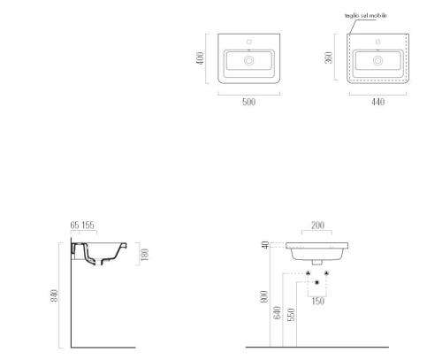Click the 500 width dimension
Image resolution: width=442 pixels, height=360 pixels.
248,102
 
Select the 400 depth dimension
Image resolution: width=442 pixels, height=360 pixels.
200,58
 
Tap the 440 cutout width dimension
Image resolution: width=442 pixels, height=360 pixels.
377,102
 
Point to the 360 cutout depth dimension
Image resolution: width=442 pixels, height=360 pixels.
329,57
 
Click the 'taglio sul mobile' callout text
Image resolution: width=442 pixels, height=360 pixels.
366,16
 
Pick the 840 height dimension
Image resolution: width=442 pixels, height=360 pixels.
54,295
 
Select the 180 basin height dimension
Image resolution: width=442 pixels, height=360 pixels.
145,255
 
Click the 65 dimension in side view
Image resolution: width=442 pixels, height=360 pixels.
74,226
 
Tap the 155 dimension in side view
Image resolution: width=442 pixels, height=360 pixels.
88,226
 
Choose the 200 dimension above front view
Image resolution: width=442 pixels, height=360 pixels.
317,226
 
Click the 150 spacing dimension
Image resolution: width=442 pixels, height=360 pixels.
317,301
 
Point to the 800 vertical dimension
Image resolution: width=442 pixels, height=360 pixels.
264,296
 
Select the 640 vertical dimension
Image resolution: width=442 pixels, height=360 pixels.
278,313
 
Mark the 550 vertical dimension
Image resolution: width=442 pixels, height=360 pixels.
291,315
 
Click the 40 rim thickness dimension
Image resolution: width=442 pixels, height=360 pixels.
265,245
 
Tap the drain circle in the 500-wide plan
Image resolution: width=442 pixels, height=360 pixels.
249,61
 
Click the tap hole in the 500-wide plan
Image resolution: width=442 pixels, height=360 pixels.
249,42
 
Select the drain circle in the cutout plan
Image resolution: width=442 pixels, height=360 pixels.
377,61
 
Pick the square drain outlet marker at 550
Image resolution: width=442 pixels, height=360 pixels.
317,282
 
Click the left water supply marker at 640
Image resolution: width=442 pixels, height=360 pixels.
308,273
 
